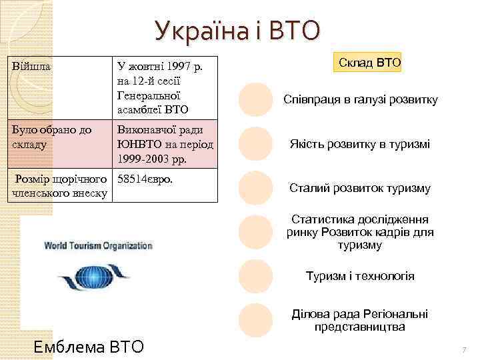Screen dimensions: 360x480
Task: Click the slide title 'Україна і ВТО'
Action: pos(237,30)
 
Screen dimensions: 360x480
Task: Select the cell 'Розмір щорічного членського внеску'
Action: pos(60,186)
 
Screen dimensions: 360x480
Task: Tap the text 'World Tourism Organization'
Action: pos(98,245)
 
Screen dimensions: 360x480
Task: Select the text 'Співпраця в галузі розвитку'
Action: pos(361,100)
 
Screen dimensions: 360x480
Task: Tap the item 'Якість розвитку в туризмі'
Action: pos(359,144)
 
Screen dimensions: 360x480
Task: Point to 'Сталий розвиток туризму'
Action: pos(360,188)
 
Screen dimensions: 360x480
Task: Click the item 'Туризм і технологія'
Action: pos(360,276)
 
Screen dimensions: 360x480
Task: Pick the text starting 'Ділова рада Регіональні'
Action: pos(360,320)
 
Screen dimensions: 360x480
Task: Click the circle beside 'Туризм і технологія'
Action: pos(255,276)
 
